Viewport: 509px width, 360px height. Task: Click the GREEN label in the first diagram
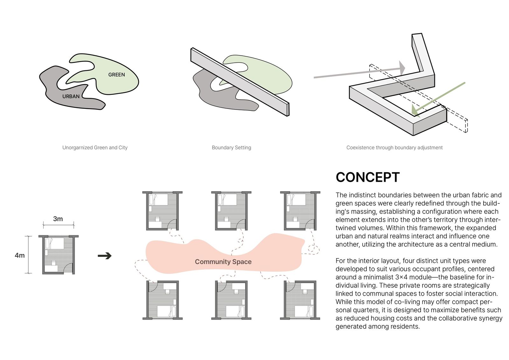(x=116, y=75)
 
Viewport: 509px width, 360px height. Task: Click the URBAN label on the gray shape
(x=71, y=96)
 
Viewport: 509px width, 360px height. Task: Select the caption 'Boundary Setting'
(x=231, y=148)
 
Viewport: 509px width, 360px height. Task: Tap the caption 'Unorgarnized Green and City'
(x=95, y=148)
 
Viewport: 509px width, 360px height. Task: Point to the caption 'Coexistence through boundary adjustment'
(x=394, y=148)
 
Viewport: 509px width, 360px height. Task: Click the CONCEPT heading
(x=367, y=178)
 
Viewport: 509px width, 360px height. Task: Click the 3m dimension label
(x=58, y=219)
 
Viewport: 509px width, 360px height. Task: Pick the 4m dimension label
(x=20, y=255)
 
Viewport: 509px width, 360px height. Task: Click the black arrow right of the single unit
(x=105, y=256)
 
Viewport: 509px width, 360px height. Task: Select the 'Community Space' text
(x=223, y=262)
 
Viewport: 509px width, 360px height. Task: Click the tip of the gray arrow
(x=404, y=68)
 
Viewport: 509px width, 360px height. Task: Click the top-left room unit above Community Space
(x=162, y=211)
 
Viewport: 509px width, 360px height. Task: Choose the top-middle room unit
(x=231, y=211)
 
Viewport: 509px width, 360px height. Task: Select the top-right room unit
(x=300, y=211)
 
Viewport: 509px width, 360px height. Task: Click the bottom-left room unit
(x=162, y=300)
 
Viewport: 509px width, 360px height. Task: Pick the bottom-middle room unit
(x=231, y=300)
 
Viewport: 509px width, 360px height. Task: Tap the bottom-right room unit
(x=300, y=300)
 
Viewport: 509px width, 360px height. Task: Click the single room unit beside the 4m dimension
(x=59, y=255)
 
